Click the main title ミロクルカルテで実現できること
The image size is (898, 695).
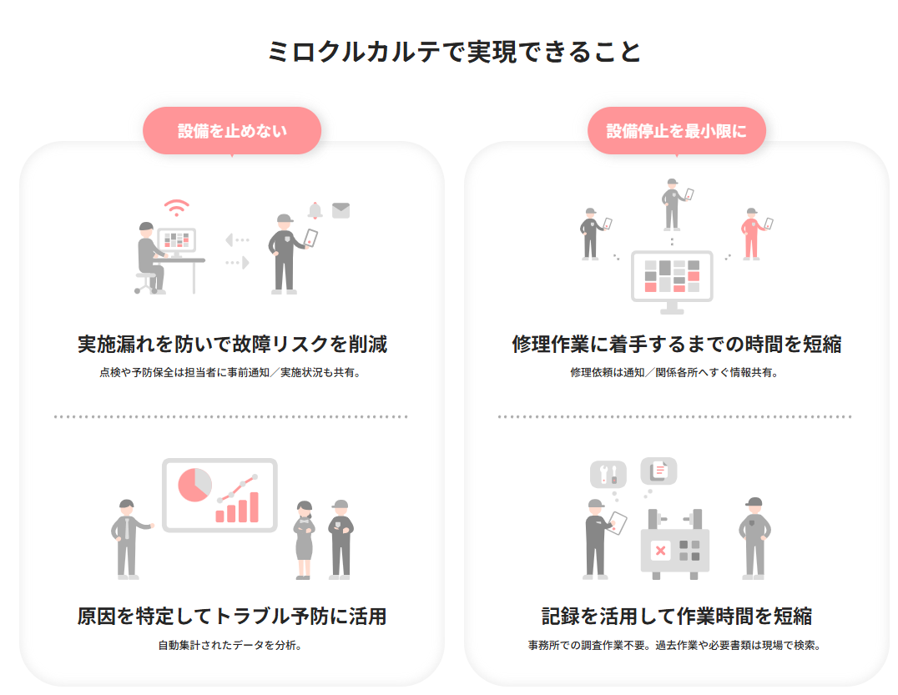(x=455, y=52)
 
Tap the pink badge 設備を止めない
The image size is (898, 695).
(x=232, y=131)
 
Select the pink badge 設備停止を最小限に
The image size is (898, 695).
(x=676, y=131)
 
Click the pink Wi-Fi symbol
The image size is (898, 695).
(x=176, y=207)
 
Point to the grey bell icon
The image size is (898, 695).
(x=315, y=210)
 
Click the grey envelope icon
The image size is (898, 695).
(x=341, y=210)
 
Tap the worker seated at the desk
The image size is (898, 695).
(x=150, y=257)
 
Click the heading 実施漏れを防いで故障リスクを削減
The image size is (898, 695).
(x=232, y=344)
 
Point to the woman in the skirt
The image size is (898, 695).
(x=303, y=539)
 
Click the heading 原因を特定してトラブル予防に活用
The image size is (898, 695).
(x=232, y=617)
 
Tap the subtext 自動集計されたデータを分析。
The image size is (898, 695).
(x=230, y=645)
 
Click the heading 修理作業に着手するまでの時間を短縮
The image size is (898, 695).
(x=676, y=344)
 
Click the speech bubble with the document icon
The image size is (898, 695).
(x=658, y=471)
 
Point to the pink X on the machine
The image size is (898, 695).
(x=660, y=551)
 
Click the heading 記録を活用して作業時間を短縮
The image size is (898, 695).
(x=676, y=617)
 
